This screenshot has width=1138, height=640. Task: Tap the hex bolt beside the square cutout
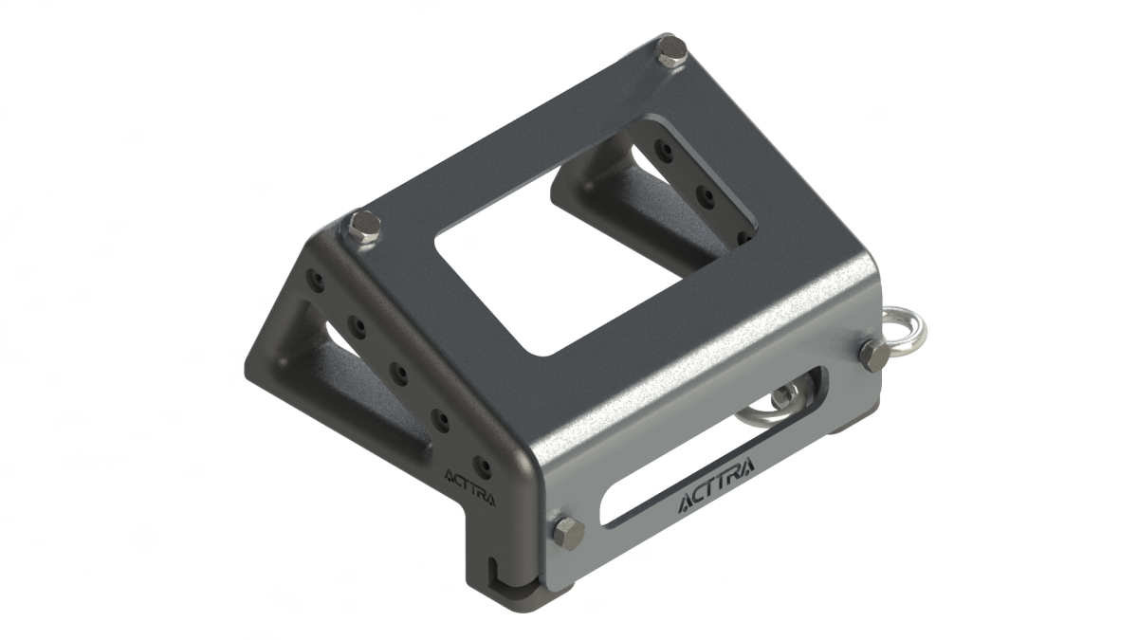[x=365, y=229]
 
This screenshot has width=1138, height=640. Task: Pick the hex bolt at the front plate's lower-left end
[x=569, y=533]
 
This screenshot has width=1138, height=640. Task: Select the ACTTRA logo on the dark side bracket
[x=470, y=489]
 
